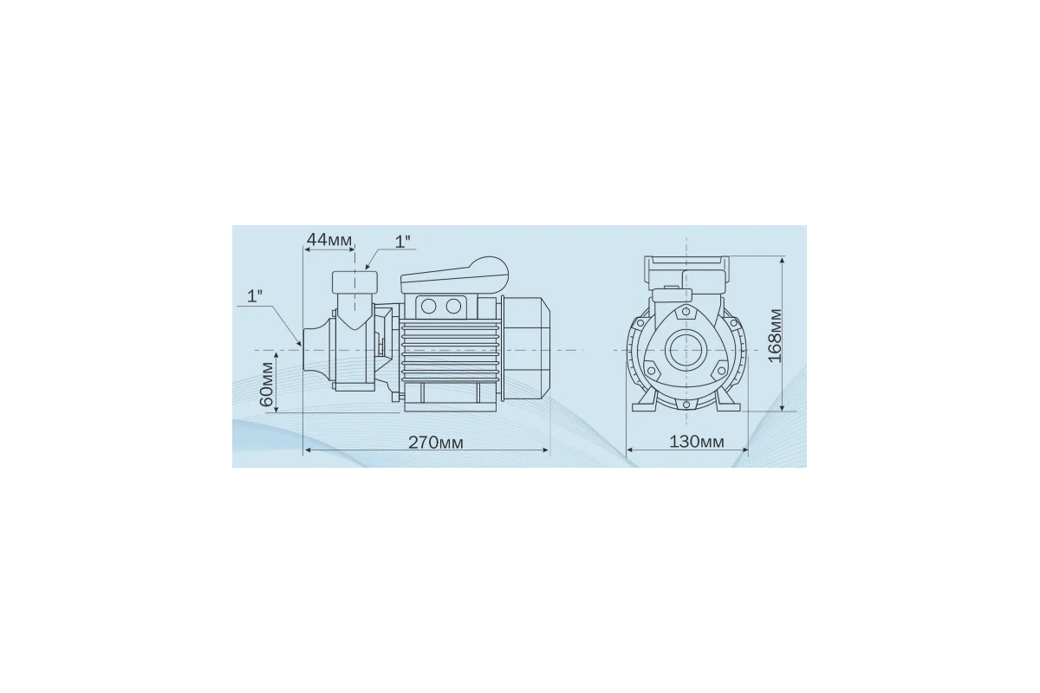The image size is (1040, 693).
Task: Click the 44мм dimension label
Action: tap(329, 239)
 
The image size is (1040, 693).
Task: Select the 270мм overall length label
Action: tap(435, 443)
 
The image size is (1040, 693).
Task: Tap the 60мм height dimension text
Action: tap(267, 384)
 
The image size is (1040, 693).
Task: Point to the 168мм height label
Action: tap(775, 335)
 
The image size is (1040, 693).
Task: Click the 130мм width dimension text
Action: tap(697, 442)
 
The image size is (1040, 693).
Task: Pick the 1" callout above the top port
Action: tap(402, 242)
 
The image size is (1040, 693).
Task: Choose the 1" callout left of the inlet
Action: tap(255, 296)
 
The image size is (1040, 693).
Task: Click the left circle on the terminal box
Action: tap(428, 307)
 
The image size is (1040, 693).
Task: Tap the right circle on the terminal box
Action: tap(453, 307)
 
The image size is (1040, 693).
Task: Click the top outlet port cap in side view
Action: tap(354, 282)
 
